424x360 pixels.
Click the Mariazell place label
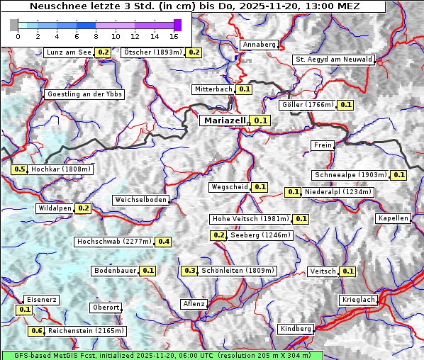(225, 120)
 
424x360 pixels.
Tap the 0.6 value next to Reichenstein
(37, 331)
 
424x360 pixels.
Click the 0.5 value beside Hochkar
(20, 169)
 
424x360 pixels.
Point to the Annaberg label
(259, 45)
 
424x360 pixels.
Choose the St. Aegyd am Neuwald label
(333, 60)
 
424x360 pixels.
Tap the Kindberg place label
(296, 329)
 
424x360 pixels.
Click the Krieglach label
(358, 300)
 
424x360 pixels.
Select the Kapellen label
(394, 218)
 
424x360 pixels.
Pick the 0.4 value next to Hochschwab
(164, 242)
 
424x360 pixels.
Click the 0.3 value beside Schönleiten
(189, 271)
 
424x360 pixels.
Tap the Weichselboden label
(141, 200)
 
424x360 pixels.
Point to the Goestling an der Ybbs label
(84, 94)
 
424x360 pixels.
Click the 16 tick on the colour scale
(174, 35)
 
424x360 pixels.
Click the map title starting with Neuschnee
(194, 6)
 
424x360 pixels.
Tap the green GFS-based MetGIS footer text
(162, 355)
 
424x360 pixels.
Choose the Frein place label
(323, 145)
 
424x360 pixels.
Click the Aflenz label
(194, 304)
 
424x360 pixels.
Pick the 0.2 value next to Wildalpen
(84, 208)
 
